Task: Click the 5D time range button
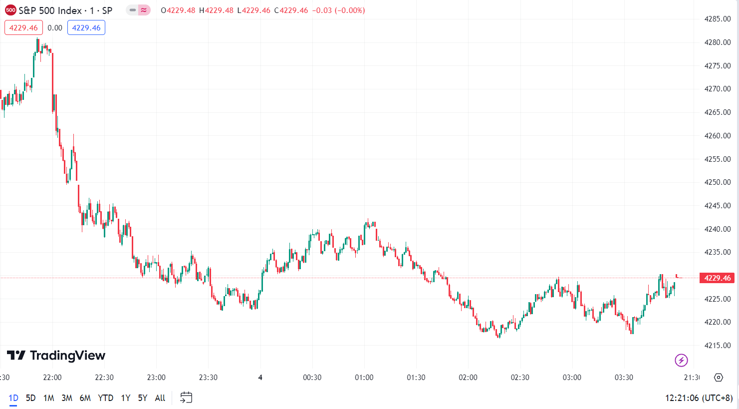click(30, 398)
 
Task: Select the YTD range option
click(105, 398)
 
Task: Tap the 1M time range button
click(48, 398)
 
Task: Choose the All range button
click(160, 398)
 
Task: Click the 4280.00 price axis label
click(717, 42)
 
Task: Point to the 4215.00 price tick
click(717, 346)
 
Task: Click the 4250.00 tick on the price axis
click(717, 182)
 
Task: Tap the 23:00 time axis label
click(156, 378)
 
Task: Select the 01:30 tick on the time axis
click(416, 378)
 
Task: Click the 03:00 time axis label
click(572, 378)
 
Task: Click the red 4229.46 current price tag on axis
click(717, 278)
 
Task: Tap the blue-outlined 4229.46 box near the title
click(86, 28)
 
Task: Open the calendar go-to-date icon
click(186, 398)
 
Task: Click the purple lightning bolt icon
click(681, 360)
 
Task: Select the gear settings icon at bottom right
click(719, 378)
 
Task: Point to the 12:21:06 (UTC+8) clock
click(699, 398)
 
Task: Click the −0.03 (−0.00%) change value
click(338, 10)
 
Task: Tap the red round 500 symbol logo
click(10, 10)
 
